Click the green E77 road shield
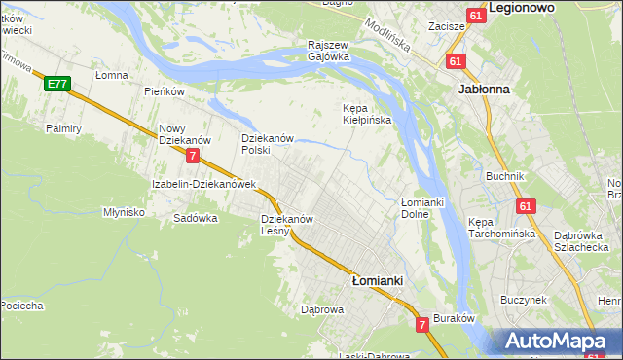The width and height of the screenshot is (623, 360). (x=56, y=85)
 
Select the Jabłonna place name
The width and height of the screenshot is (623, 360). (x=484, y=87)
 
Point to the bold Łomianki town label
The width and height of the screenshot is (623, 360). (x=377, y=279)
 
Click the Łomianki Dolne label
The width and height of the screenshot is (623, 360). (x=421, y=207)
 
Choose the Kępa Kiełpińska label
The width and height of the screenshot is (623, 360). (x=367, y=114)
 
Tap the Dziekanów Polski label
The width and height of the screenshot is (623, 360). (x=268, y=144)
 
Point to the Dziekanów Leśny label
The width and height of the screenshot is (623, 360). (x=286, y=225)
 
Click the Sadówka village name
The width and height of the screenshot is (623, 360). (x=195, y=218)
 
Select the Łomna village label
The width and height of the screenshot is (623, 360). (x=112, y=74)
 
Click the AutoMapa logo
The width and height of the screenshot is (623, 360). (x=561, y=341)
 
